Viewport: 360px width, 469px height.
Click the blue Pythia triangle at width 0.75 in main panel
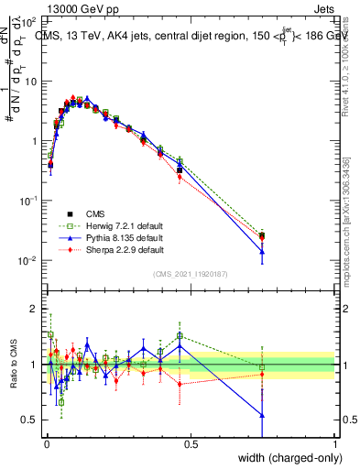tap(263, 251)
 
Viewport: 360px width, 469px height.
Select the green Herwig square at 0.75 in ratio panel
tap(263, 367)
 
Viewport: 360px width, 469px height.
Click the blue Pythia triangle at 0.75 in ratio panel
tap(263, 415)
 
